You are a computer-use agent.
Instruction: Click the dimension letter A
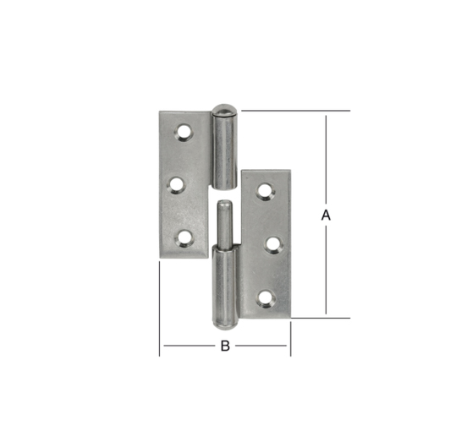click(326, 215)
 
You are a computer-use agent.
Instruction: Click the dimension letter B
click(225, 346)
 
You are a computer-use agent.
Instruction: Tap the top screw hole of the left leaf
click(184, 132)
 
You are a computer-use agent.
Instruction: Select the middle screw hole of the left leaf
click(176, 185)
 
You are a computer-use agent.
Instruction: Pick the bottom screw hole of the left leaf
click(184, 238)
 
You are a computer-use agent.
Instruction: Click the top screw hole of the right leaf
click(266, 191)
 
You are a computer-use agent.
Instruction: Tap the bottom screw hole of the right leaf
click(266, 298)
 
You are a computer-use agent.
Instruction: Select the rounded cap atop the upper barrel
click(224, 110)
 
